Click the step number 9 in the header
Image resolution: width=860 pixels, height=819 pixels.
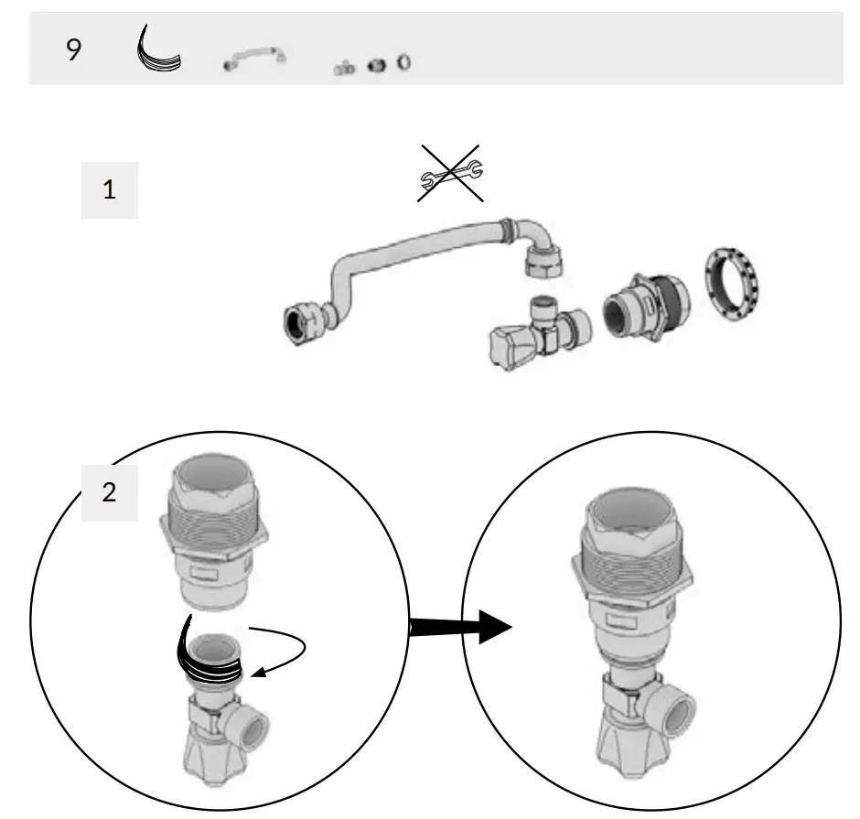pyautogui.click(x=73, y=49)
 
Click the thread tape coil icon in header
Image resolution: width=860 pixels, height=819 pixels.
pyautogui.click(x=156, y=49)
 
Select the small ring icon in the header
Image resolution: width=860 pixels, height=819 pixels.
pyautogui.click(x=403, y=62)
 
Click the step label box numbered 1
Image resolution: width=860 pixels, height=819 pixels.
pyautogui.click(x=110, y=190)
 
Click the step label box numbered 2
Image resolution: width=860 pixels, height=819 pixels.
pyautogui.click(x=110, y=492)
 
